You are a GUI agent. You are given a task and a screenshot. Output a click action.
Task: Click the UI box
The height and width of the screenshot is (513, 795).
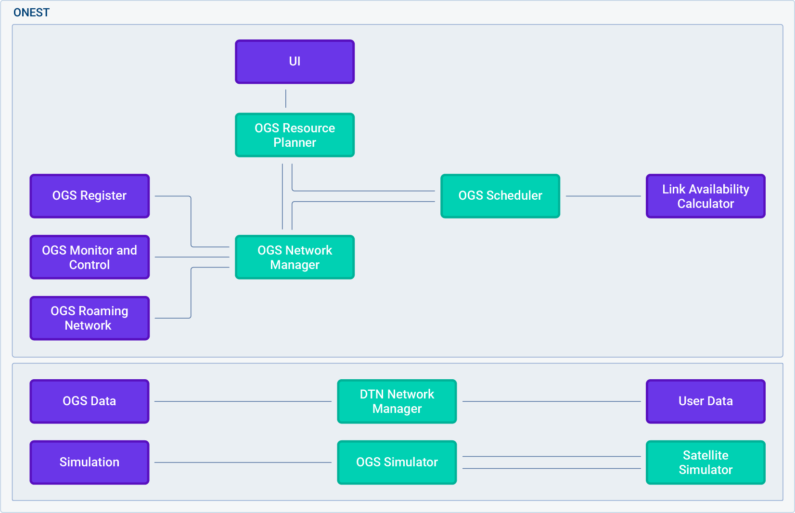tap(295, 62)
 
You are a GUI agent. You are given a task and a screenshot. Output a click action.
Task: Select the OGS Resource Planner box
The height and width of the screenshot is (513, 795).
tap(295, 135)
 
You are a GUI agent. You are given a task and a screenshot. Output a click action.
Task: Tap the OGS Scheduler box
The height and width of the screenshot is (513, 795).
tap(500, 196)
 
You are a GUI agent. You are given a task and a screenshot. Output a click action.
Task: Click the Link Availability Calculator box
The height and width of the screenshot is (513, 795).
tap(705, 196)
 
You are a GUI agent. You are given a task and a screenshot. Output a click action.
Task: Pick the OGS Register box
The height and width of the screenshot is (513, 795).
tap(90, 196)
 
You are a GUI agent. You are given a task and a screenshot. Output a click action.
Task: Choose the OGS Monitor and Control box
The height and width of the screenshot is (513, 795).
tap(90, 257)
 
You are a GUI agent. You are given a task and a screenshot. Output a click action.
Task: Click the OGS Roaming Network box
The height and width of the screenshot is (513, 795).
tap(90, 318)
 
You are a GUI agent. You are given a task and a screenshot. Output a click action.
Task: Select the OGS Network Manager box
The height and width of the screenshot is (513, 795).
tap(295, 257)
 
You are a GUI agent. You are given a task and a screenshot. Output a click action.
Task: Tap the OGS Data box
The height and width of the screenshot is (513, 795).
tap(90, 401)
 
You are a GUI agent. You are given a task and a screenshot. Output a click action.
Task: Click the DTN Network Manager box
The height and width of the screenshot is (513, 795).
tap(397, 401)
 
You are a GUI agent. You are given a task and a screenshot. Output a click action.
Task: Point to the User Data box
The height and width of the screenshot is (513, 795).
tap(705, 401)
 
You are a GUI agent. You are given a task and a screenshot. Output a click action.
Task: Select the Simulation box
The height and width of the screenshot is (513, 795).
tap(90, 462)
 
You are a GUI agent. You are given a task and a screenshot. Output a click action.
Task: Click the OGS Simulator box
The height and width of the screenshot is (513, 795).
tap(397, 462)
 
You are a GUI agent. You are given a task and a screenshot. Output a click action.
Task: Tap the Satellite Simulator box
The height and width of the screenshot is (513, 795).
tap(705, 462)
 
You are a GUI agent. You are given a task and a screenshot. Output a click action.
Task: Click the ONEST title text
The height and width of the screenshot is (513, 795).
tap(31, 13)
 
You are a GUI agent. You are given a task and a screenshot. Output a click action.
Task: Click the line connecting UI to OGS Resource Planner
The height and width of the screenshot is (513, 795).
tap(286, 99)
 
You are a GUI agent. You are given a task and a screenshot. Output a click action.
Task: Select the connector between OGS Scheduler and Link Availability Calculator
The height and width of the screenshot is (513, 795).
tap(603, 196)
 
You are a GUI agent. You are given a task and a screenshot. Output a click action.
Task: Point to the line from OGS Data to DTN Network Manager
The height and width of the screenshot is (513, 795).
tap(243, 401)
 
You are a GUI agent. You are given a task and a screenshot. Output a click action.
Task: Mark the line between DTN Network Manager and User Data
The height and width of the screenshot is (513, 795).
tap(551, 401)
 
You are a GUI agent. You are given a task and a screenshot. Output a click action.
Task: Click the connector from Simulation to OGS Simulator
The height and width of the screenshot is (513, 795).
tap(243, 462)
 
